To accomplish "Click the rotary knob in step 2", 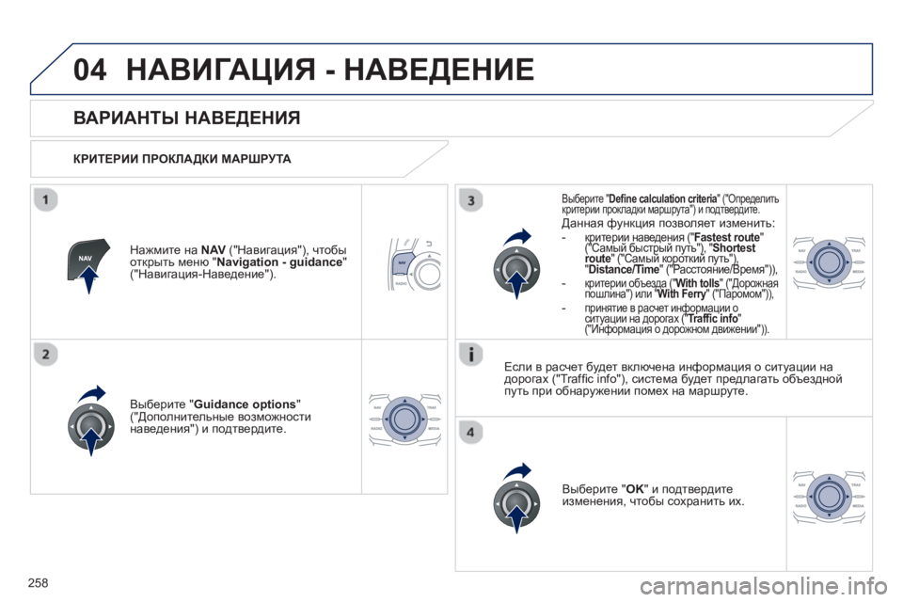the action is coord(91,425).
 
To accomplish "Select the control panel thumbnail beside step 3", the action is coord(829,261).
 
